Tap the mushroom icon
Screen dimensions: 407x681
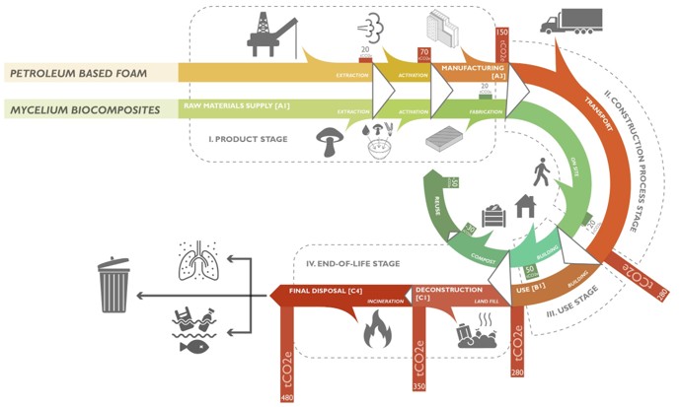click(x=328, y=141)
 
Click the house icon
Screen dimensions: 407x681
click(x=524, y=205)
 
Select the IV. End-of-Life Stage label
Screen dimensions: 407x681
click(x=351, y=263)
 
